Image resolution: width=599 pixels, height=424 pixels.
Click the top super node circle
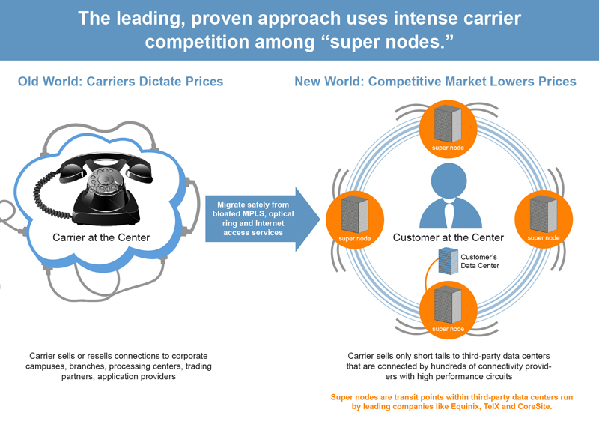pyautogui.click(x=448, y=128)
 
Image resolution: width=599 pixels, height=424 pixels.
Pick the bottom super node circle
pyautogui.click(x=448, y=309)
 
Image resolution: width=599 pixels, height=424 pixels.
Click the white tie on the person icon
pyautogui.click(x=449, y=213)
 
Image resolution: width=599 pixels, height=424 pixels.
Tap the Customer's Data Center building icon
pyautogui.click(x=446, y=263)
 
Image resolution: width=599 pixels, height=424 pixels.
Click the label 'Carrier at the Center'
pyautogui.click(x=101, y=238)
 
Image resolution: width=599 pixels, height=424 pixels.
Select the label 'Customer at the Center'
pyautogui.click(x=449, y=238)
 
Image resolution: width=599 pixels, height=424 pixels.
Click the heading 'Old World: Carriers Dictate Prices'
pyautogui.click(x=121, y=81)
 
